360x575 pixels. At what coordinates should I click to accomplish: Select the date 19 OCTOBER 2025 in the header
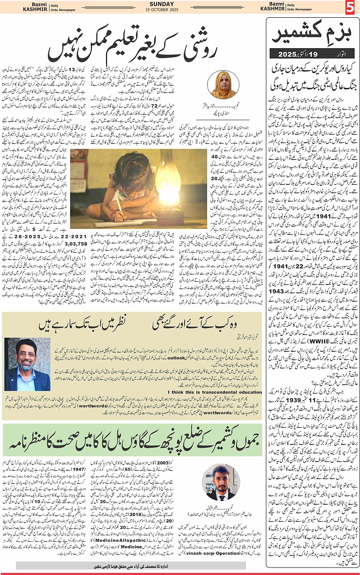180,9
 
